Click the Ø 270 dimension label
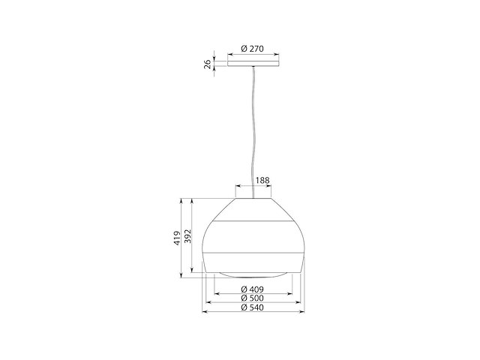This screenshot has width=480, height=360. click(253, 49)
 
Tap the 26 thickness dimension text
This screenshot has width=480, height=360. click(208, 64)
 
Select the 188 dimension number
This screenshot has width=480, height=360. click(262, 181)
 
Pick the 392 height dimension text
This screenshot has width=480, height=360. click(187, 235)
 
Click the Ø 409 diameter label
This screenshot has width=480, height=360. click(252, 289)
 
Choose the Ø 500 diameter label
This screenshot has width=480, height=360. click(252, 298)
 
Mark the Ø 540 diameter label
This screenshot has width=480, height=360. click(252, 307)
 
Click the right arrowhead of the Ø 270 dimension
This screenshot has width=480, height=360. click(275, 54)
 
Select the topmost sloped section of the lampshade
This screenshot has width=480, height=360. click(253, 210)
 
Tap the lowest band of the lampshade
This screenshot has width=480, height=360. click(253, 263)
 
